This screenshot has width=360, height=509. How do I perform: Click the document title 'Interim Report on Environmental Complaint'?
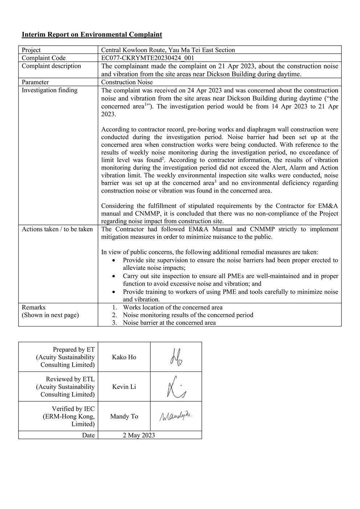coord(92,35)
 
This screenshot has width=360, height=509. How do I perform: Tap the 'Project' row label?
coord(31,50)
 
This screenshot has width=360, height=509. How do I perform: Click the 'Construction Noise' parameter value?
coord(127,82)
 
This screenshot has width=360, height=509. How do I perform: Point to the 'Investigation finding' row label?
coord(49,90)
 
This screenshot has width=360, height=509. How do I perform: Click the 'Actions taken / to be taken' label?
coord(57,229)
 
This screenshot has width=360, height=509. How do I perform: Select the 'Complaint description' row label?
coord(51,66)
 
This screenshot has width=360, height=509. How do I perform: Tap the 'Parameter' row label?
coord(35,82)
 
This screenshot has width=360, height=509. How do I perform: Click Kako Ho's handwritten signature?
coord(176,357)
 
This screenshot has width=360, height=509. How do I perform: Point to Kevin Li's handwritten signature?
coord(176,387)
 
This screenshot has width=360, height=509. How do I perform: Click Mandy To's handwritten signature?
coord(176,416)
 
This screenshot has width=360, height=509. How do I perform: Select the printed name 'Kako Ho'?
coord(124,357)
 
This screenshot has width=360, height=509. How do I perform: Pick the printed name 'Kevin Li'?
coord(124,387)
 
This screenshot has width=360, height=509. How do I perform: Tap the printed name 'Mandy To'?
coord(124,416)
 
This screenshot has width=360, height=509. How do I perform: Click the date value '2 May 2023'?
coord(139,435)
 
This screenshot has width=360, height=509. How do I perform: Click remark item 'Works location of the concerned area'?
coord(172,308)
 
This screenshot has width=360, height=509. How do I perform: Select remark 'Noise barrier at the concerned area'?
coord(169,323)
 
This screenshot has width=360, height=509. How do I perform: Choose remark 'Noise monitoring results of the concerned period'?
coord(188,315)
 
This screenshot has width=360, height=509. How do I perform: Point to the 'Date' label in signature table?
coord(88,435)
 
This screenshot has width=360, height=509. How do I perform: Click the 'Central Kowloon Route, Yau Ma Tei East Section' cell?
coord(168,50)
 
